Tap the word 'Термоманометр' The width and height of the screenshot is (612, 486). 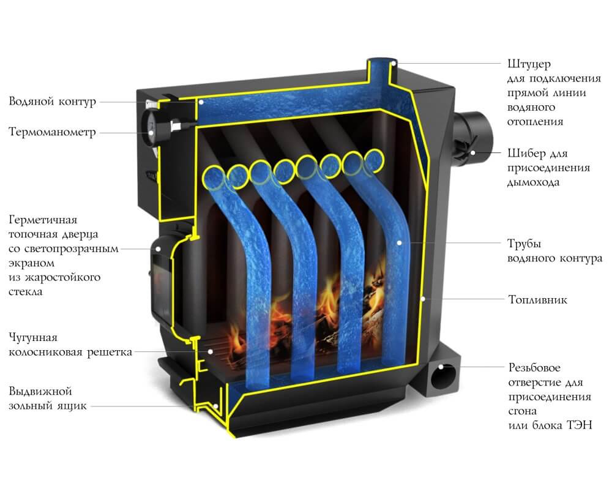coord(52,132)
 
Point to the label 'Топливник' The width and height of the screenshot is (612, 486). coord(537,301)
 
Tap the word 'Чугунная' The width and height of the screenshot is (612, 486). coord(33,338)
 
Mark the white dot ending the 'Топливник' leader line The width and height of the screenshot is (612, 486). coord(424,300)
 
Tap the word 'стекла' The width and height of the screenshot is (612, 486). coord(26,293)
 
